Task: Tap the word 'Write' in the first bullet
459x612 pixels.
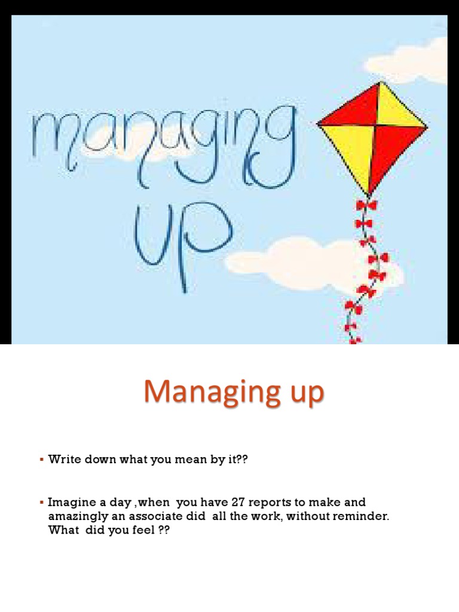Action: click(x=62, y=459)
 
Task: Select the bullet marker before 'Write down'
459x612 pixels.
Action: click(x=42, y=460)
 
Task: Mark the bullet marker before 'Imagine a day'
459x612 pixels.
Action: click(x=42, y=503)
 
